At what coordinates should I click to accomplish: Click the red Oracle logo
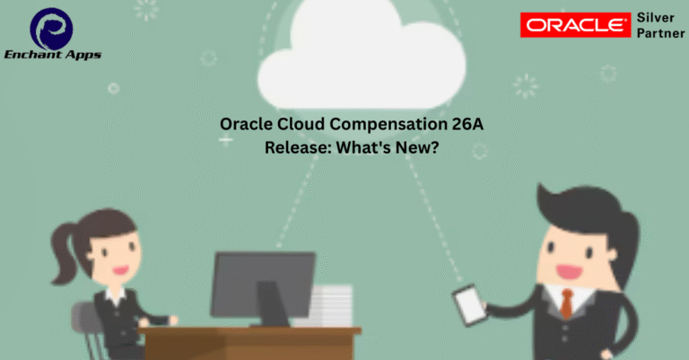click(575, 25)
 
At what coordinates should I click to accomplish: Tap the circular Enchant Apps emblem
click(51, 29)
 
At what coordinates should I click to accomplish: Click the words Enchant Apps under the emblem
click(53, 55)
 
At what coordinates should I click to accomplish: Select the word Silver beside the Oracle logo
click(655, 18)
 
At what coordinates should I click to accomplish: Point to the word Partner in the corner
click(660, 33)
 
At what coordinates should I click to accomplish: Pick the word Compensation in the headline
click(388, 125)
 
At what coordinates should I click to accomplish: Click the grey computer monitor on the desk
click(263, 288)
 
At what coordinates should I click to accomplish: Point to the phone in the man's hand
click(470, 305)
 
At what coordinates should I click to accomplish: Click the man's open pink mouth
click(569, 271)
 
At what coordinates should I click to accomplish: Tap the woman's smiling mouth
click(120, 269)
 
